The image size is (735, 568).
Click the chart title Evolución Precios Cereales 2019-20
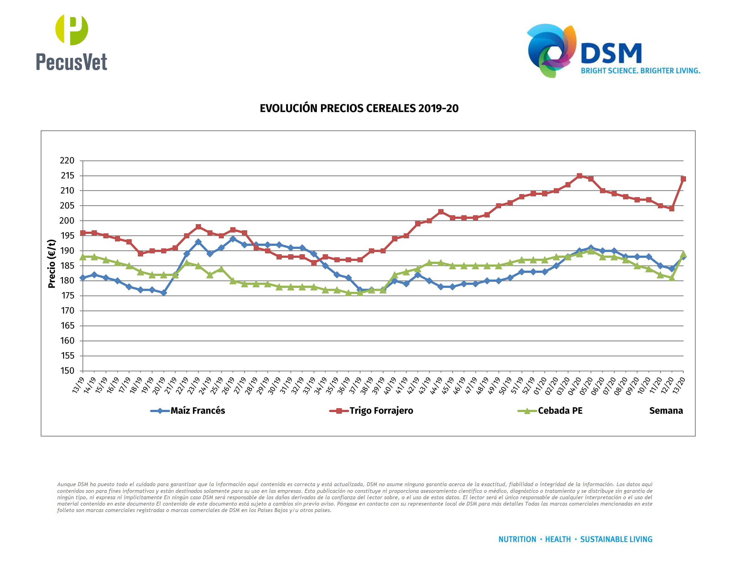click(x=359, y=108)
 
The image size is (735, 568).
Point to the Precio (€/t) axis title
click(x=52, y=264)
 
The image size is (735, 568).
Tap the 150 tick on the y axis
click(x=67, y=371)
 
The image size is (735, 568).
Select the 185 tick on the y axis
click(x=67, y=266)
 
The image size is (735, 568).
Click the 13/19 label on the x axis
click(x=79, y=385)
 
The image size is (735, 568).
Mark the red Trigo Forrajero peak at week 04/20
click(x=579, y=176)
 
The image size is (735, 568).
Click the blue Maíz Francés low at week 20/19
click(x=163, y=293)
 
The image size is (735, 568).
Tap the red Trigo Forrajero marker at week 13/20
click(x=683, y=179)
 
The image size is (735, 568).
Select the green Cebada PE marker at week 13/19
click(x=83, y=257)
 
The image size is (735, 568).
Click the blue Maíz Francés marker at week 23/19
click(x=198, y=242)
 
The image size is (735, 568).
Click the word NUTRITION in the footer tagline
click(x=517, y=539)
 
